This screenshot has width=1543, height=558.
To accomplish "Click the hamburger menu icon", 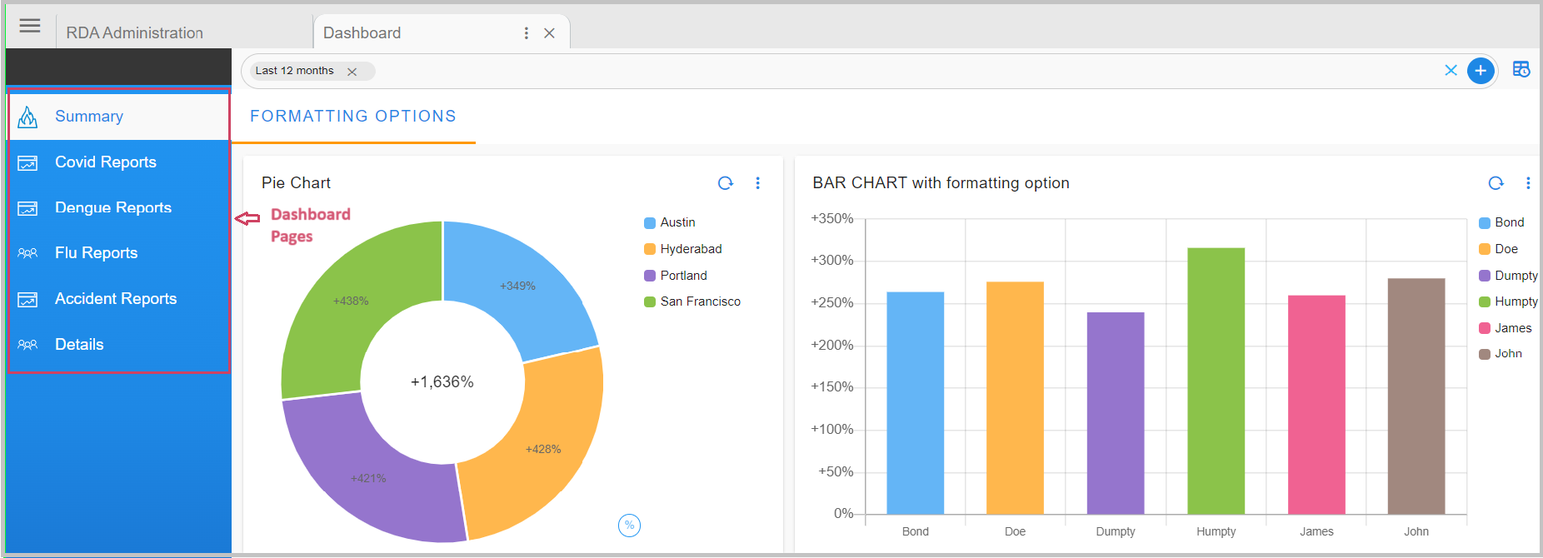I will (30, 26).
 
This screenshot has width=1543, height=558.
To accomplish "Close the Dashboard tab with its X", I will (549, 33).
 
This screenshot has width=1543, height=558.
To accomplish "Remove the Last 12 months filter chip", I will (352, 72).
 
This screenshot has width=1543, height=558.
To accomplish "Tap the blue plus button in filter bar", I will (1480, 71).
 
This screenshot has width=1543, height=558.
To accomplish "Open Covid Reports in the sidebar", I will (105, 162).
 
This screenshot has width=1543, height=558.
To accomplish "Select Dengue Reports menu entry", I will (112, 207).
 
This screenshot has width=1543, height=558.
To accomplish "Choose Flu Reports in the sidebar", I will (96, 253).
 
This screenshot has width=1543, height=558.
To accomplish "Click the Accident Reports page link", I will (115, 299).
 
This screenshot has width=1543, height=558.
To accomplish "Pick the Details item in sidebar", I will (79, 345).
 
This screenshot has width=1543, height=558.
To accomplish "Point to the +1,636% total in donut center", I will (442, 382).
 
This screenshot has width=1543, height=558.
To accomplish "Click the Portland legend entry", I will (682, 276).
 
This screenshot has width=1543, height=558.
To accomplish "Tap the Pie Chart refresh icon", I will (725, 183).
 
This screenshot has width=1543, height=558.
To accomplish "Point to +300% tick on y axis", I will (831, 261).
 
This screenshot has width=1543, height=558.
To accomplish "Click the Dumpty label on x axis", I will (1115, 531).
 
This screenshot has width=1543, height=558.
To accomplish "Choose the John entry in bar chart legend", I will (1507, 354).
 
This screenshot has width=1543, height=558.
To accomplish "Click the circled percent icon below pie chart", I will (629, 525).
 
